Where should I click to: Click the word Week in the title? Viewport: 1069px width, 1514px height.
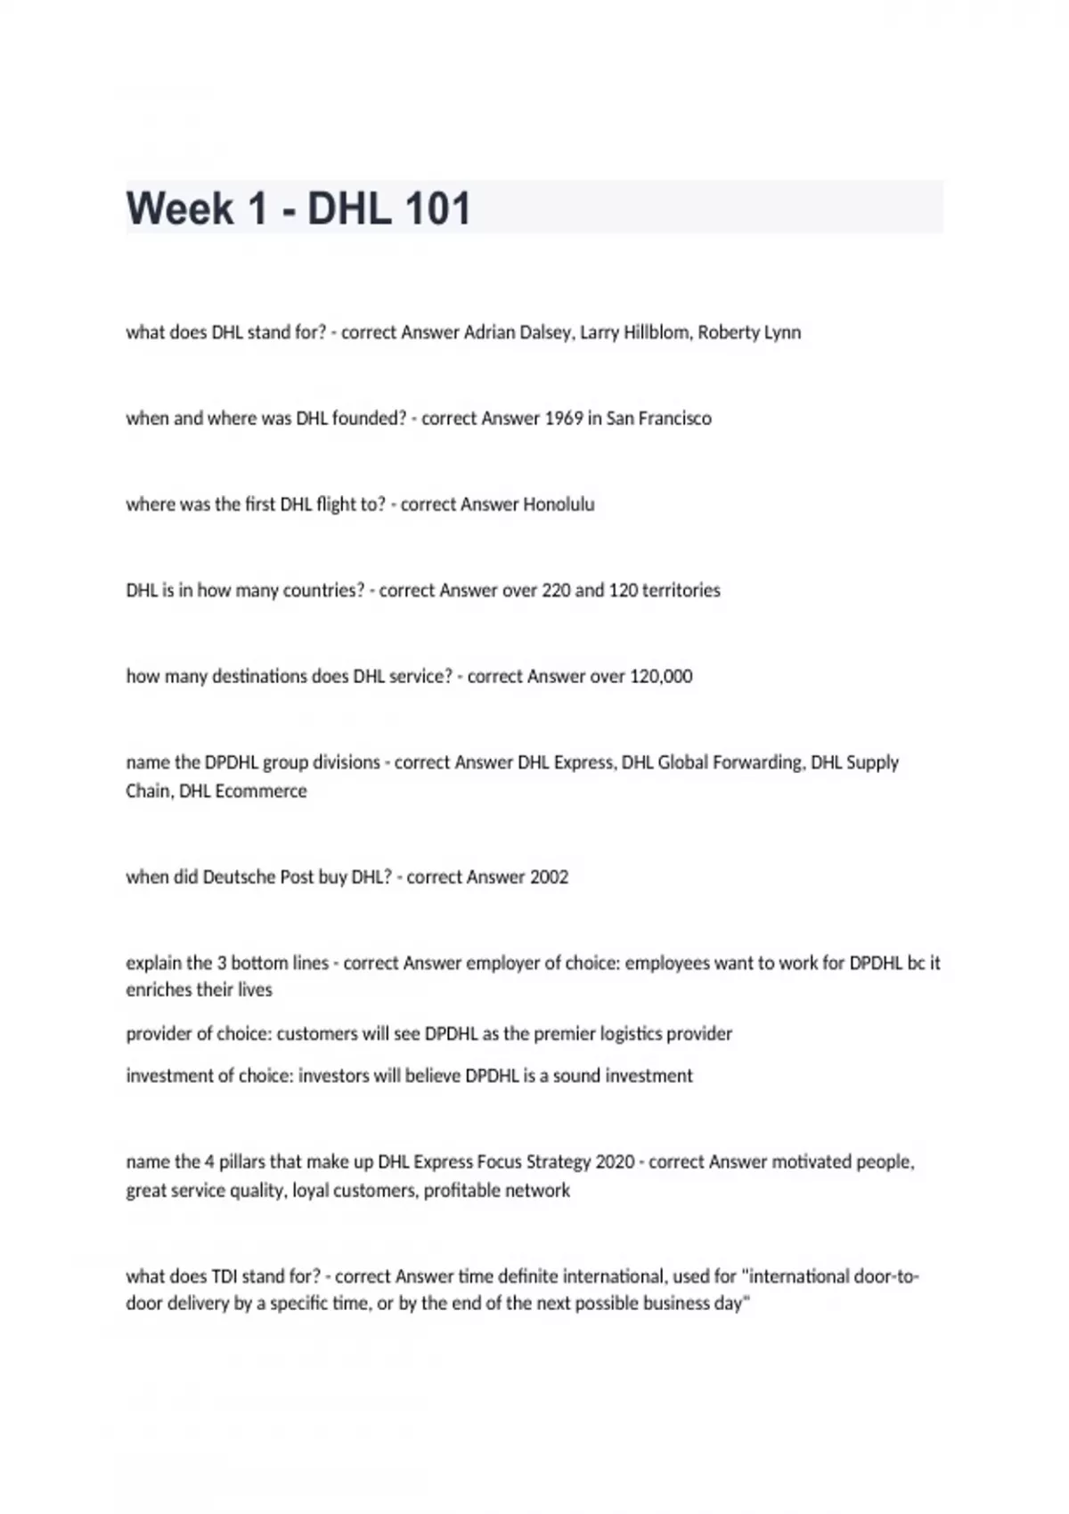point(180,208)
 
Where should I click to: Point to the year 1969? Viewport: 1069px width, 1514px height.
point(564,419)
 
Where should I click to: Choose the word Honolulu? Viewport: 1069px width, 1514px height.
point(559,505)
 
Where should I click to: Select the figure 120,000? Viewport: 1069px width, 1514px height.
point(661,677)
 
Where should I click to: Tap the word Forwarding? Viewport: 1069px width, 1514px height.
point(758,763)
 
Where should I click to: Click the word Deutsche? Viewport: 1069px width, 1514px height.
point(240,877)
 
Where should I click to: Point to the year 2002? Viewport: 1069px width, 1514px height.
point(549,877)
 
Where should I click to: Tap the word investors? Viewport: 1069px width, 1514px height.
point(333,1076)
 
